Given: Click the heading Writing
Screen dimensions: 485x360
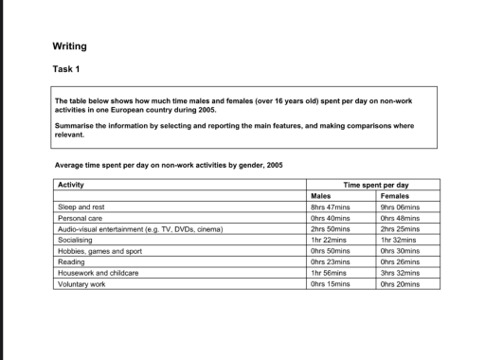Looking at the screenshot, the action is coord(70,46).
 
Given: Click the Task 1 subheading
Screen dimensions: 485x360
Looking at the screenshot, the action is coord(65,68).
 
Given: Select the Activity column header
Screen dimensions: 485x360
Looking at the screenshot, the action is coord(71,184).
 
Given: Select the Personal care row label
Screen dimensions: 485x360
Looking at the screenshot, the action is coord(81,217).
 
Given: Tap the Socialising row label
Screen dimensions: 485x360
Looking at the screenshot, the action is coord(78,239).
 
